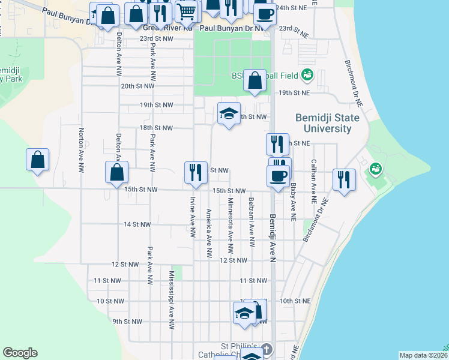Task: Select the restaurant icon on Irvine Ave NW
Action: tap(196, 172)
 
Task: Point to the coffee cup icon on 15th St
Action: tap(278, 176)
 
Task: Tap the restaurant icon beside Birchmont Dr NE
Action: tap(345, 179)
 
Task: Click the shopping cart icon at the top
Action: tap(187, 10)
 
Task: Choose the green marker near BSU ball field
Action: tap(307, 76)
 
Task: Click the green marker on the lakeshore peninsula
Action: tap(376, 169)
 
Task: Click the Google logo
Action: tap(20, 353)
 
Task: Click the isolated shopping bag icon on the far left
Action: tap(38, 160)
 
